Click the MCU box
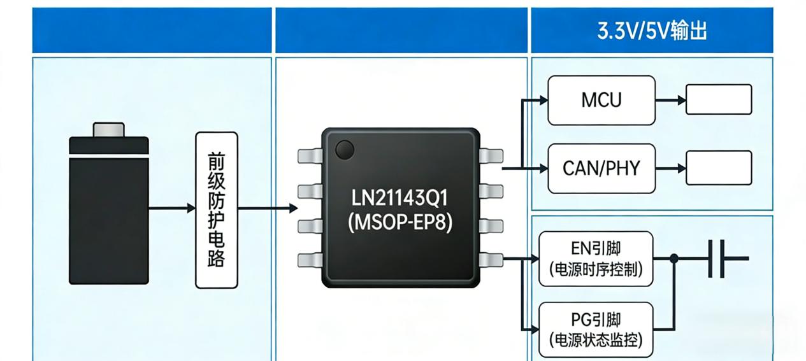[601, 100]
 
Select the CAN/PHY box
[601, 169]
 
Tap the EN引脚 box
[596, 258]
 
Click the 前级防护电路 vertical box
[216, 209]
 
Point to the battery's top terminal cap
[109, 130]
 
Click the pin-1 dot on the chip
[344, 150]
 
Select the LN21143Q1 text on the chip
[400, 198]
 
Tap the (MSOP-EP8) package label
[400, 223]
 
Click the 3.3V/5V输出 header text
[652, 31]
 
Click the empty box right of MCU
[719, 100]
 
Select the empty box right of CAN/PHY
[719, 168]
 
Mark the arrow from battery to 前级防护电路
[172, 208]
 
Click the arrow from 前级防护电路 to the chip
[268, 208]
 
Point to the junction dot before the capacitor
[674, 258]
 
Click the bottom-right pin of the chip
[491, 259]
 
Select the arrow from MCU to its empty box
[670, 100]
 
